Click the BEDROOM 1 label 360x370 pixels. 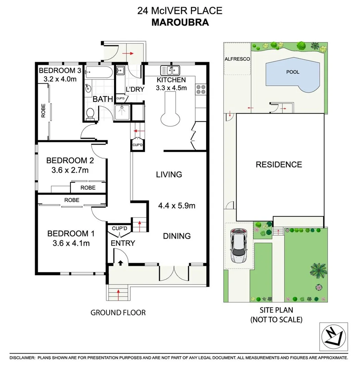pos(70,234)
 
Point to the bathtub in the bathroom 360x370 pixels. pos(99,73)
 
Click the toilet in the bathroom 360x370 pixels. pos(90,114)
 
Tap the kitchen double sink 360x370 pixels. pos(170,70)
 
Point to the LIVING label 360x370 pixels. pos(169,174)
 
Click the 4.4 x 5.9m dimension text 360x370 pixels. pos(177,206)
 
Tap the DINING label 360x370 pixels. pos(177,236)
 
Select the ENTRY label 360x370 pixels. pos(123,243)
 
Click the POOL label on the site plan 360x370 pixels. pos(293,72)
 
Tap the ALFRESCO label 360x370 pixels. pos(237,59)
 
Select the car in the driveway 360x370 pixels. pos(239,246)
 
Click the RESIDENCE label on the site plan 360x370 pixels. pos(279,164)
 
